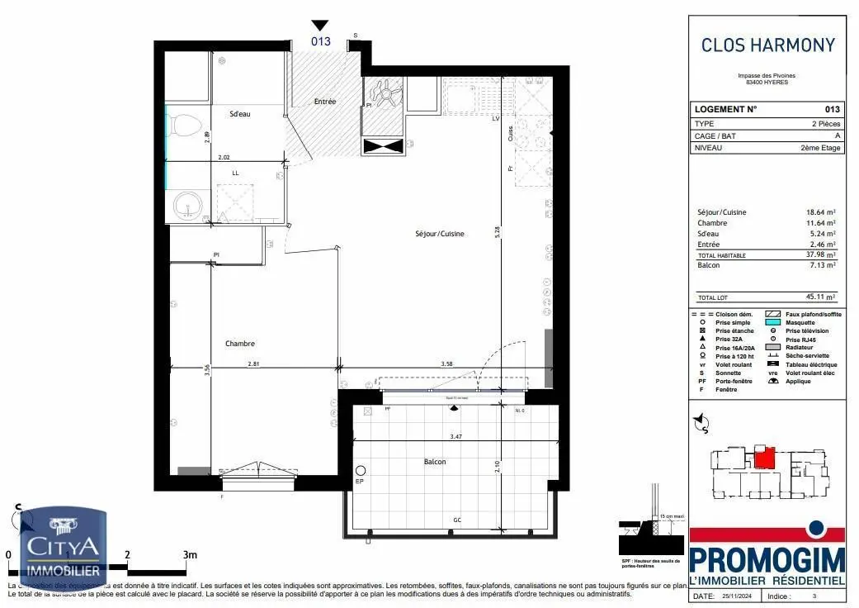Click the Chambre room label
click(x=240, y=344)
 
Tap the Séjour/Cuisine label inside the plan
click(x=440, y=234)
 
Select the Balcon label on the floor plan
click(x=434, y=462)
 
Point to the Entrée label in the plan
click(x=325, y=102)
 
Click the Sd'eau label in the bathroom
click(x=240, y=114)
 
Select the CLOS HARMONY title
click(x=767, y=45)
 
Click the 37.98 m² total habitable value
click(x=821, y=255)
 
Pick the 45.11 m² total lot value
click(x=821, y=297)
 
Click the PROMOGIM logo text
click(x=767, y=561)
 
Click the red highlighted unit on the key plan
click(x=767, y=457)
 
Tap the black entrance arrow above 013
click(x=320, y=26)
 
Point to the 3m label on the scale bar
click(x=190, y=554)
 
